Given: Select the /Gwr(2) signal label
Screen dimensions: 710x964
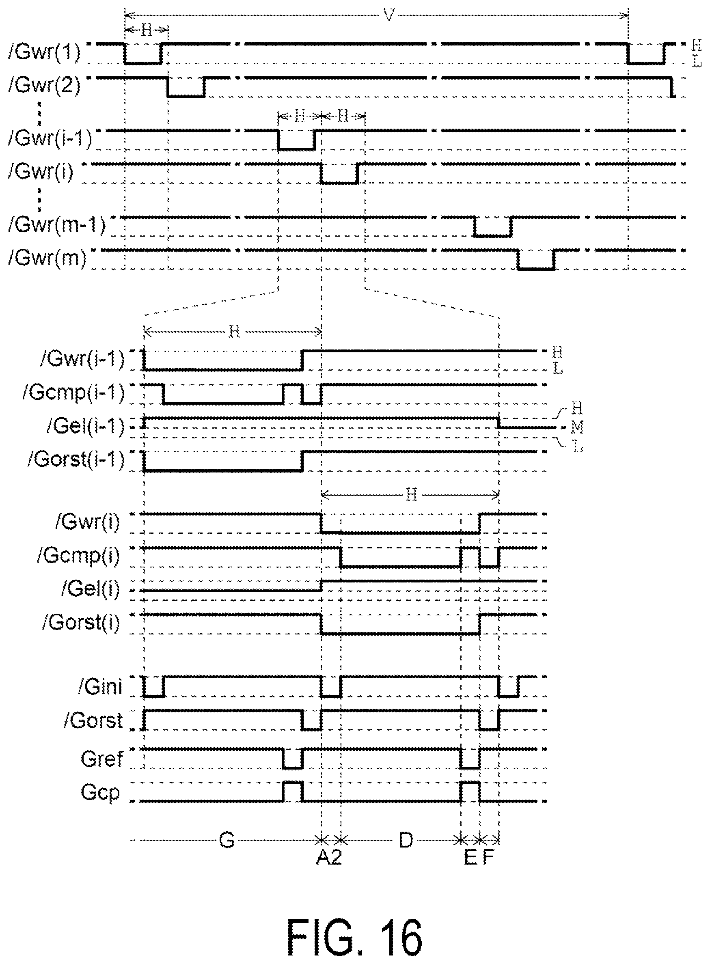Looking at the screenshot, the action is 44,86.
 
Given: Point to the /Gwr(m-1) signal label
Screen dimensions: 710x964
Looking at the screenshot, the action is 57,225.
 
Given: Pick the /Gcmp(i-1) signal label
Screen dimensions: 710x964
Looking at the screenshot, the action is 73,393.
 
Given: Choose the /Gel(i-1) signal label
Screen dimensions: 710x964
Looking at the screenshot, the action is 86,426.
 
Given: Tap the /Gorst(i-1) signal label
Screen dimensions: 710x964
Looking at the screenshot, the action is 76,459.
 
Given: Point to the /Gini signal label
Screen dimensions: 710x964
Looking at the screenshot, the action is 100,687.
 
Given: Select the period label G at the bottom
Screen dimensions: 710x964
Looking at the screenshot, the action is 227,839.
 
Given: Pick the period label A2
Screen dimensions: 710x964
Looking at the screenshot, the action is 329,858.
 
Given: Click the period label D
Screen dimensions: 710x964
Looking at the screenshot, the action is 406,839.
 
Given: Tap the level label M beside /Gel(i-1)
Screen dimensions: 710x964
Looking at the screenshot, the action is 577,427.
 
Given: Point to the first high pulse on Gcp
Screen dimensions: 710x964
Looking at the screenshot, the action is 293,792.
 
